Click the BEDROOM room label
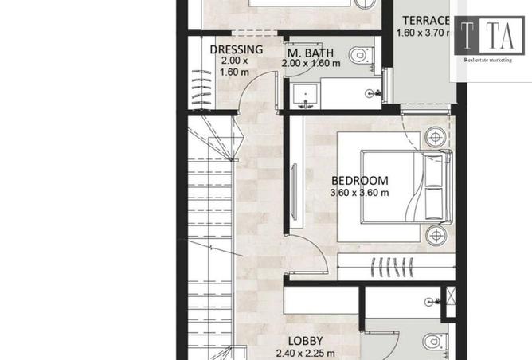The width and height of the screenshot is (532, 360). (360, 181)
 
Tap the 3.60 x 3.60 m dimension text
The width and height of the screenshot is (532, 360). (359, 193)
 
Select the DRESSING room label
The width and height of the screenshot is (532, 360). (237, 49)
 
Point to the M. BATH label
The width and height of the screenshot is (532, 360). (311, 53)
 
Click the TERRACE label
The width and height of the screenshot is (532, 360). (426, 21)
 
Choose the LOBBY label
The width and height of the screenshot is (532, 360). (305, 341)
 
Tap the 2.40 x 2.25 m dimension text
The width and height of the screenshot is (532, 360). (305, 354)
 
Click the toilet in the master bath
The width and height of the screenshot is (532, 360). (361, 54)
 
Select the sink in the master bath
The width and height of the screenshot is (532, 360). (305, 96)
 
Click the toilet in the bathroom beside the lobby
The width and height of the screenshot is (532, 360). (436, 342)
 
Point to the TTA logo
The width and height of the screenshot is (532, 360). (489, 35)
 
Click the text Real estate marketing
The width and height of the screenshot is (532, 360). (487, 60)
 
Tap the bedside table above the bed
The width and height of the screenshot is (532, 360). (435, 137)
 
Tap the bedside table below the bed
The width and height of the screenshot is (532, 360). (436, 235)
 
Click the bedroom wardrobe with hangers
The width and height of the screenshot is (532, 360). (397, 267)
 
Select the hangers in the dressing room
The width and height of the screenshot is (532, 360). (201, 88)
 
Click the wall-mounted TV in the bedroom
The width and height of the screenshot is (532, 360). (294, 192)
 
